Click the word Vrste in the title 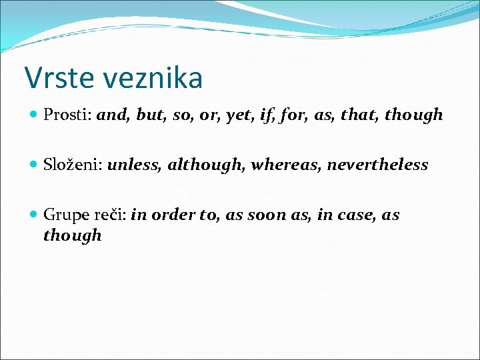(57, 78)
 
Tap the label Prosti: (68, 115)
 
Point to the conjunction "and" (113, 115)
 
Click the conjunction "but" (151, 115)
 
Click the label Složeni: (73, 165)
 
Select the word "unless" (134, 165)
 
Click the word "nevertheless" (378, 165)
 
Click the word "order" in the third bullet (170, 215)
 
